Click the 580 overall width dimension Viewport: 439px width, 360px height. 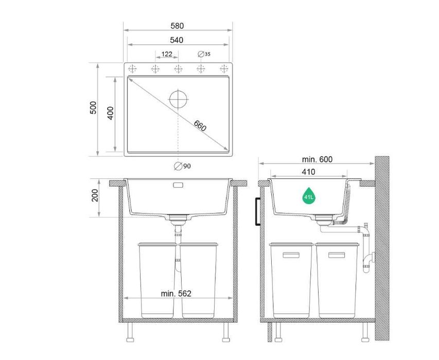click(178, 26)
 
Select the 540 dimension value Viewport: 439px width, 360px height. click(178, 40)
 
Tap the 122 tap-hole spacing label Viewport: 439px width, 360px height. click(167, 54)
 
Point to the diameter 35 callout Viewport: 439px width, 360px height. click(204, 54)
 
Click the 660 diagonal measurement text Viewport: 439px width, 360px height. click(200, 125)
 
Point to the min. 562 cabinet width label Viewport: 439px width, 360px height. click(176, 294)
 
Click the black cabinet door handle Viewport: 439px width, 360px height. click(256, 210)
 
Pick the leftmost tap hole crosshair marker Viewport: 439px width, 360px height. click(132, 69)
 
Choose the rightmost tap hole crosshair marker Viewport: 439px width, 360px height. click(224, 69)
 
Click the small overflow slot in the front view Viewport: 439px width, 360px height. click(178, 184)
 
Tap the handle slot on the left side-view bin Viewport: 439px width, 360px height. click(291, 254)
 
